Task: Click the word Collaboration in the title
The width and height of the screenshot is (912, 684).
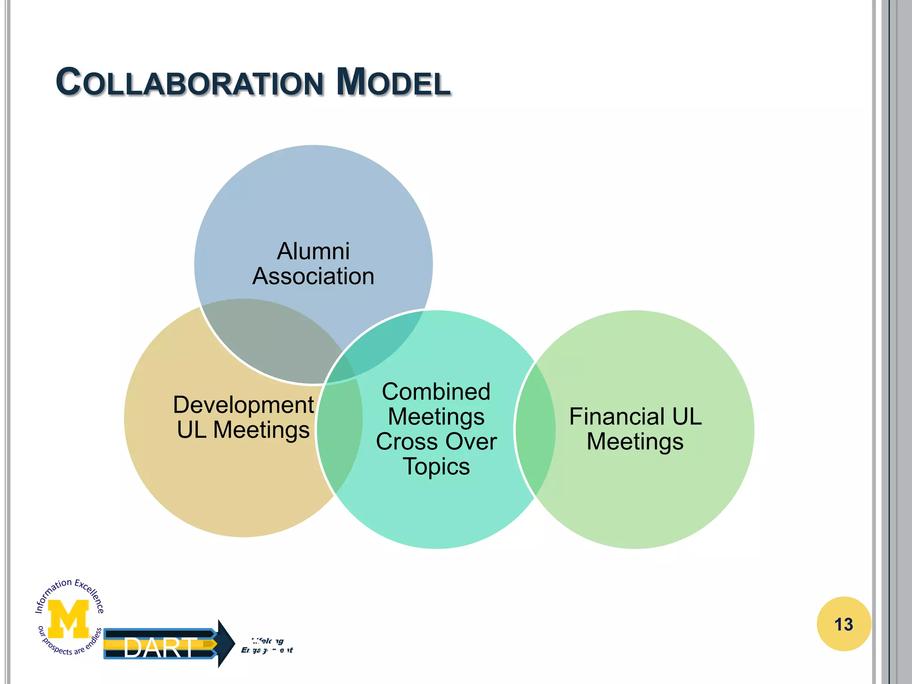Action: pyautogui.click(x=190, y=83)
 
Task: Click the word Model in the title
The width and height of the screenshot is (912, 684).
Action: pyautogui.click(x=393, y=83)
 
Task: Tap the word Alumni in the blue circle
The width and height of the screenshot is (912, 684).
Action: pyautogui.click(x=313, y=251)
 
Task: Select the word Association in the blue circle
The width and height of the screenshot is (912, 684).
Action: pyautogui.click(x=313, y=276)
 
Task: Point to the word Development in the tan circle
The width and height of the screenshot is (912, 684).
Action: pyautogui.click(x=243, y=405)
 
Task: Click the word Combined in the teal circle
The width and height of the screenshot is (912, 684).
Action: pyautogui.click(x=436, y=392)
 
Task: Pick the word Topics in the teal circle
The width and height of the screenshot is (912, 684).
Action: pyautogui.click(x=436, y=467)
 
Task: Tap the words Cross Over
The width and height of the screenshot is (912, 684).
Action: pyautogui.click(x=436, y=442)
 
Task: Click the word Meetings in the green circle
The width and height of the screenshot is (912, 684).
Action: pyautogui.click(x=635, y=442)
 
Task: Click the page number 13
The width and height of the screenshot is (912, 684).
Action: pyautogui.click(x=843, y=624)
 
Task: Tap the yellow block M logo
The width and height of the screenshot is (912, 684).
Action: pyautogui.click(x=69, y=619)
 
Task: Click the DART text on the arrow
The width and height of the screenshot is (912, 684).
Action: pyautogui.click(x=159, y=648)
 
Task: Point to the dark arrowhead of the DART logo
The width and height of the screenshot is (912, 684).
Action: pyautogui.click(x=226, y=643)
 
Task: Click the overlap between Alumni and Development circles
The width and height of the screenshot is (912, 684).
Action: pyautogui.click(x=272, y=338)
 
